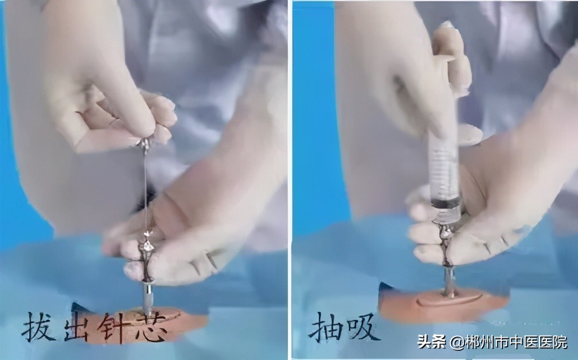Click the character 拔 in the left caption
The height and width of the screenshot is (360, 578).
(39, 327)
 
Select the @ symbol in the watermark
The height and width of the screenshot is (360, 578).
(457, 343)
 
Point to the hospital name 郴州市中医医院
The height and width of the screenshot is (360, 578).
(516, 342)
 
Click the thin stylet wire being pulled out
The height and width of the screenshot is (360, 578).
(146, 189)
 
